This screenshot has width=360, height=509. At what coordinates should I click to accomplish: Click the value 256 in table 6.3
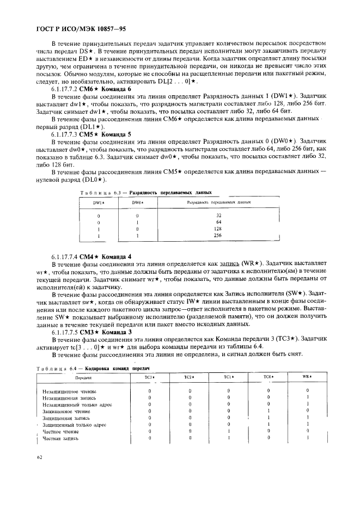(x=218, y=236)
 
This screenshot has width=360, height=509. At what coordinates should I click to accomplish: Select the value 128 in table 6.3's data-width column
(x=218, y=229)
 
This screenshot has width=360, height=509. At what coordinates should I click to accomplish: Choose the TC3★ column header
(x=149, y=377)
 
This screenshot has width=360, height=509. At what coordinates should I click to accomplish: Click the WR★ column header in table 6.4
(x=307, y=377)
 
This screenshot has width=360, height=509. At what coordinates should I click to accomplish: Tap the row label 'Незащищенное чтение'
(x=66, y=391)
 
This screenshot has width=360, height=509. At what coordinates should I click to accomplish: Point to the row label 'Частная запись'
(x=60, y=438)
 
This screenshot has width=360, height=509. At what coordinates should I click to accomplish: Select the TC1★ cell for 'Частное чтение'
(x=229, y=431)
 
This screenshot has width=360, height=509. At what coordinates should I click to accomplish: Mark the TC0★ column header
(x=268, y=377)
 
